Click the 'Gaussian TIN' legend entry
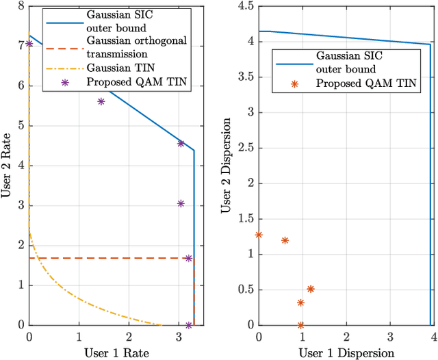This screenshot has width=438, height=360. [x=116, y=68]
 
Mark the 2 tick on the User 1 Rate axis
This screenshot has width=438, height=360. [x=129, y=335]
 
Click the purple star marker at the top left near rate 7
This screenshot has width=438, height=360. [x=29, y=44]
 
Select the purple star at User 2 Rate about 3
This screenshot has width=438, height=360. [x=181, y=203]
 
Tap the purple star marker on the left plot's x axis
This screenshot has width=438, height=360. [x=189, y=325]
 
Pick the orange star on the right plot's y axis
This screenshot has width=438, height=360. [x=259, y=235]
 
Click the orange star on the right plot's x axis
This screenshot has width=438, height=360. [x=300, y=325]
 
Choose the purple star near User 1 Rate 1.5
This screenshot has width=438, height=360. [x=101, y=101]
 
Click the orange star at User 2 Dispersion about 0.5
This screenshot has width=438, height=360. [x=311, y=289]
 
